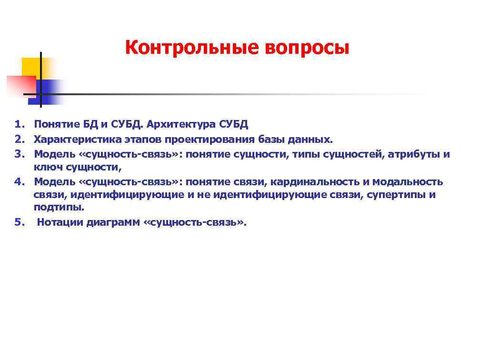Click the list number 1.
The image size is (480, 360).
[x=19, y=125]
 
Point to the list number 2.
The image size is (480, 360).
[x=19, y=140]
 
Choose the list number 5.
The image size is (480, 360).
[x=19, y=222]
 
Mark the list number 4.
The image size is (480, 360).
[x=19, y=181]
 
